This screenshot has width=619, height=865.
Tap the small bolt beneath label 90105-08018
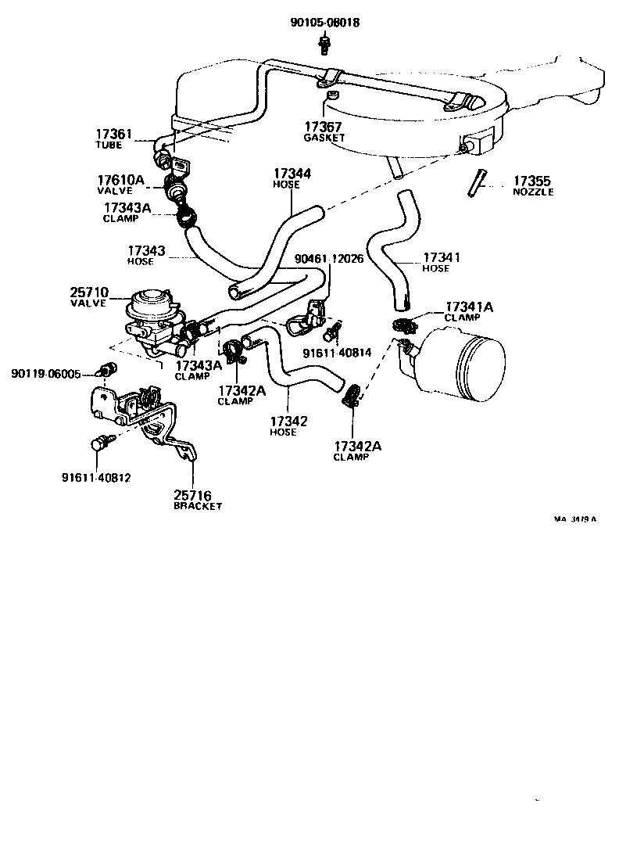pyautogui.click(x=323, y=46)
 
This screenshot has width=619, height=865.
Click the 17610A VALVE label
pyautogui.click(x=121, y=185)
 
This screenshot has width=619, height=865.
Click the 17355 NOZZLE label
pyautogui.click(x=532, y=185)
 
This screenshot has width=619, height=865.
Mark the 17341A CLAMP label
pyautogui.click(x=467, y=311)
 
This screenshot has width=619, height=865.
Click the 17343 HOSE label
pyautogui.click(x=146, y=255)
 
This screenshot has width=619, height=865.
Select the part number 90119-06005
pyautogui.click(x=45, y=374)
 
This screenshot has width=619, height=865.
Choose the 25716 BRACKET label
pyautogui.click(x=196, y=501)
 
